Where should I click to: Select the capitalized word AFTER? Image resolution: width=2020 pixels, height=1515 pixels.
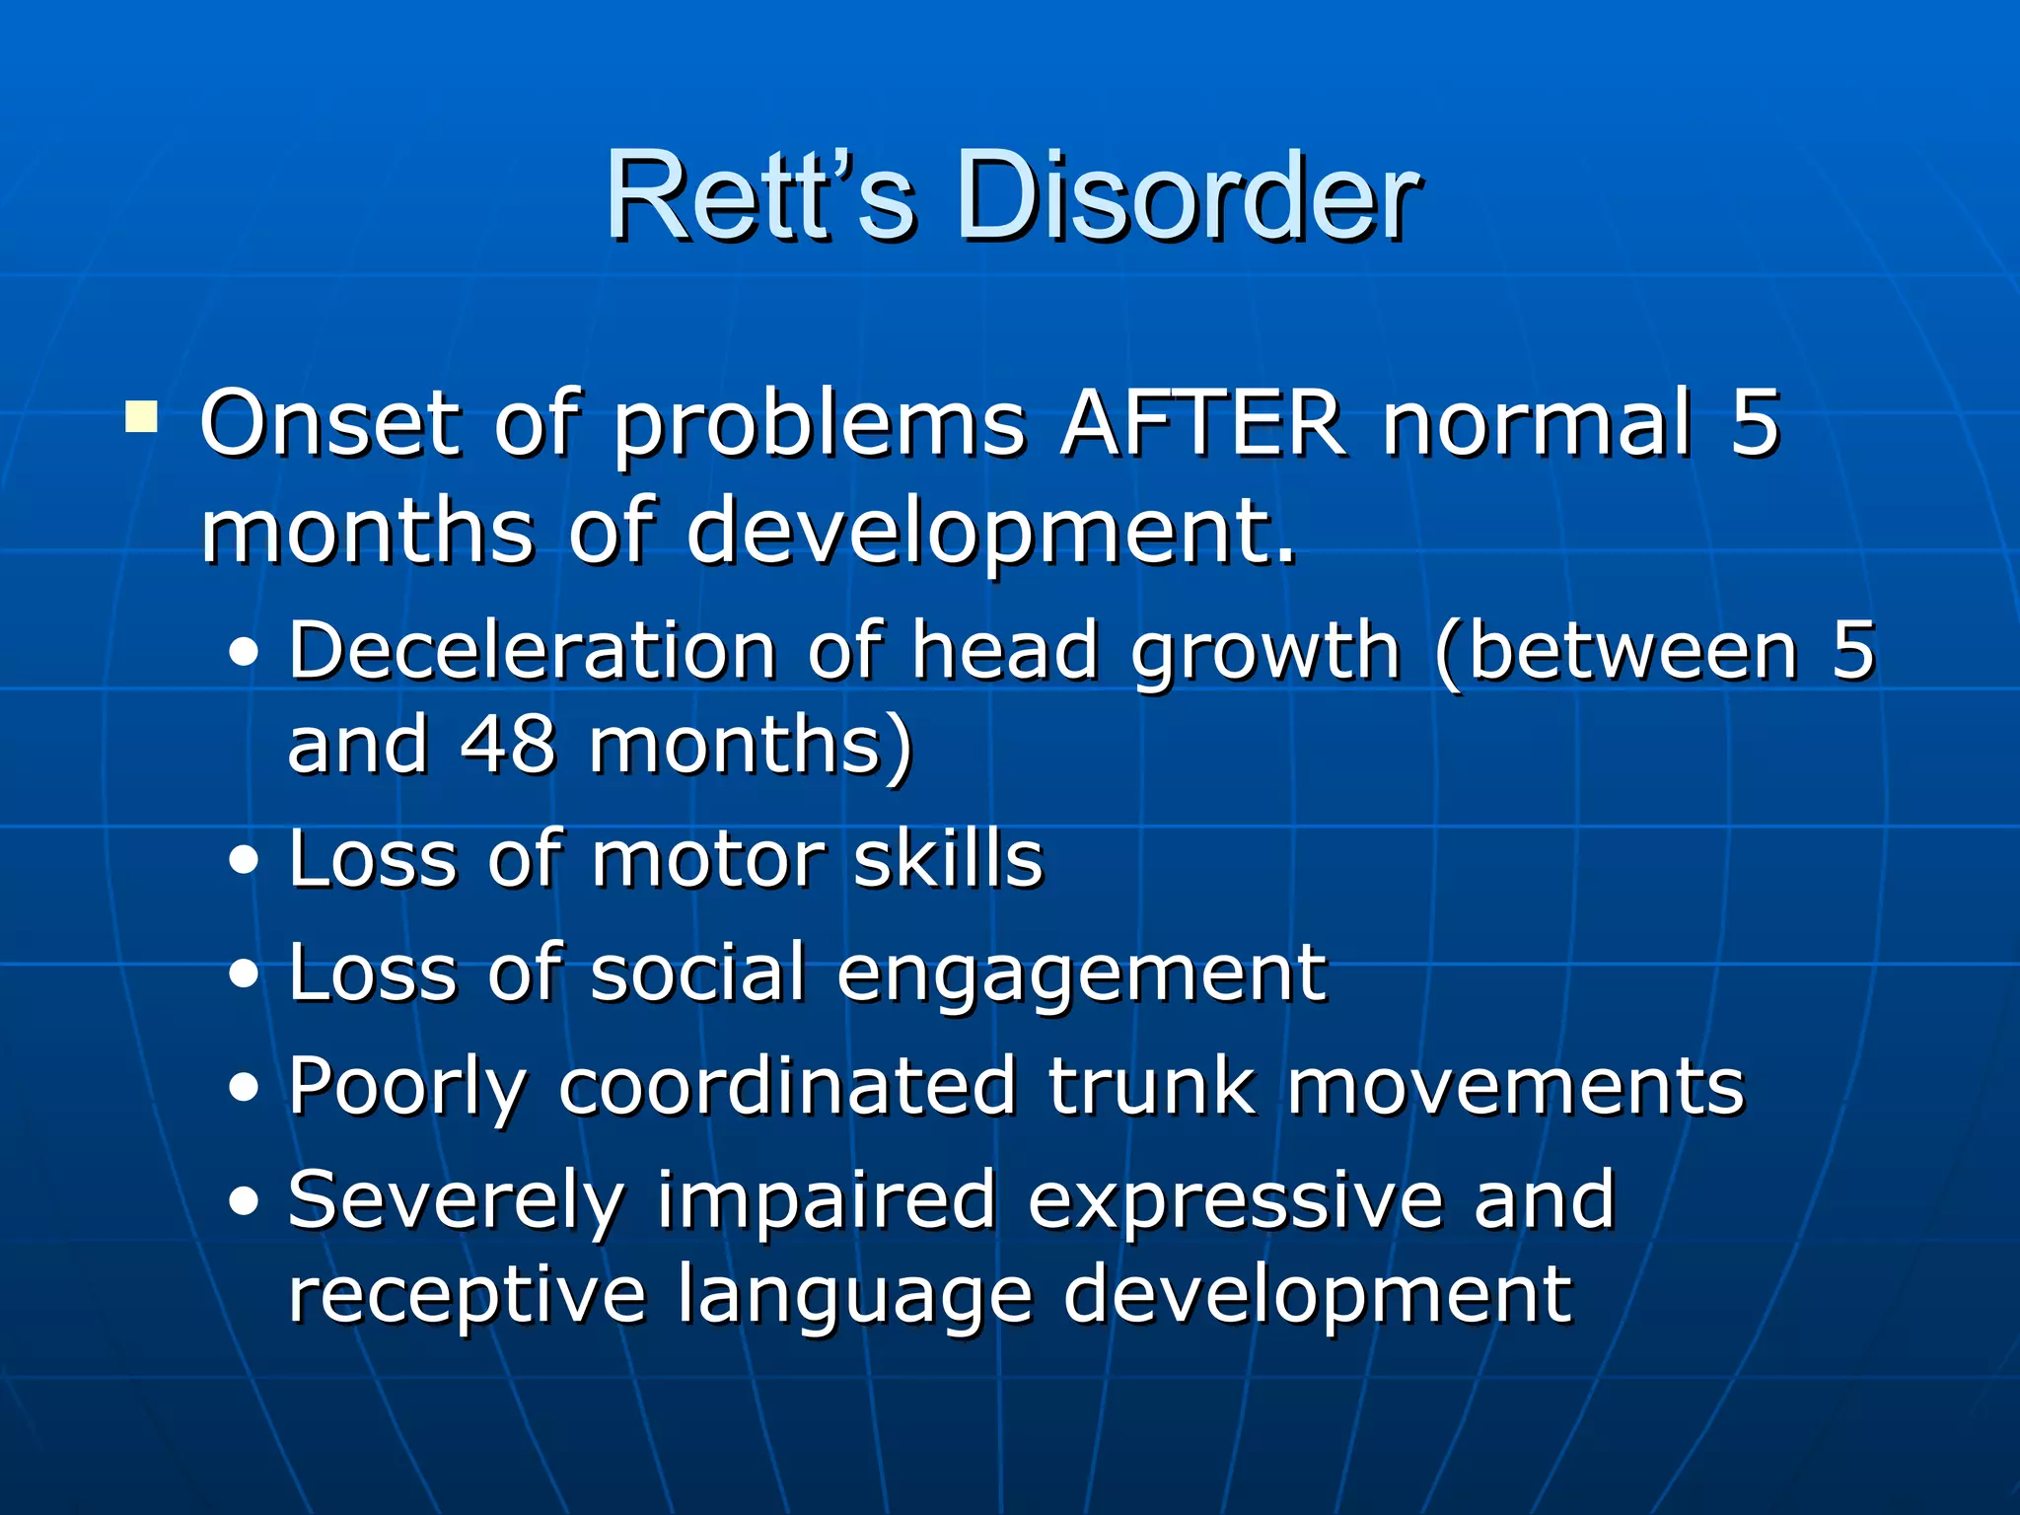click(x=1202, y=424)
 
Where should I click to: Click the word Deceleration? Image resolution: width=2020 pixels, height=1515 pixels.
click(x=533, y=651)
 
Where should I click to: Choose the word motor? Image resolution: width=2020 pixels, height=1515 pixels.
click(x=706, y=860)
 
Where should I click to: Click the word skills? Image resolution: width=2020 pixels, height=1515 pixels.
click(x=947, y=860)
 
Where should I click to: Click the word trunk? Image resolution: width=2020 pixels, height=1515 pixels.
click(x=1151, y=1087)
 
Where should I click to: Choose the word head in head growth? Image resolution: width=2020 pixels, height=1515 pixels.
click(x=1005, y=651)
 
